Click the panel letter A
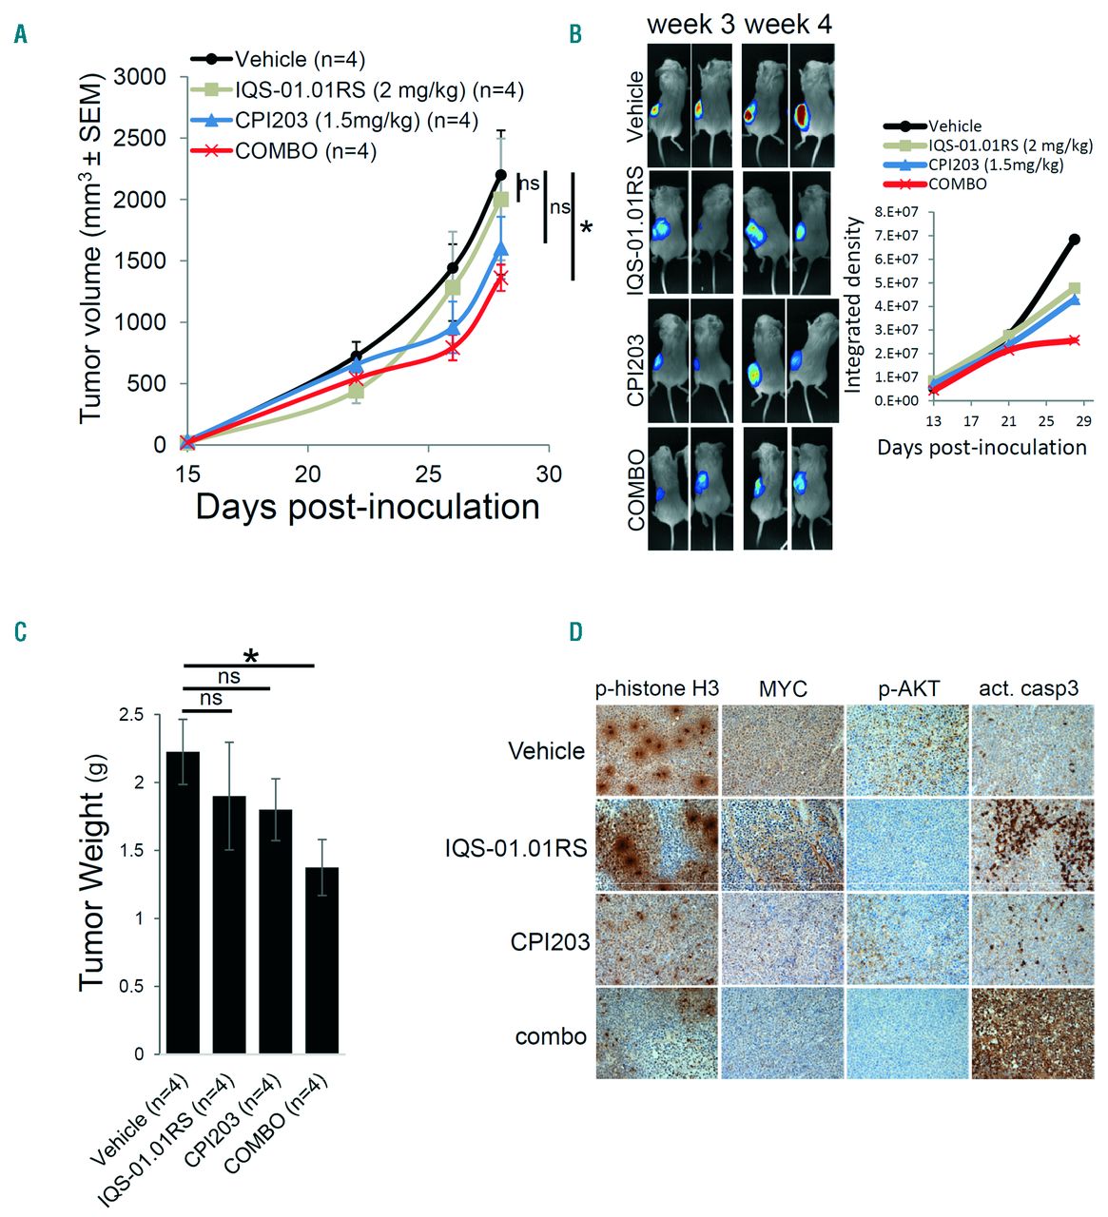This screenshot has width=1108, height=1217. [x=20, y=35]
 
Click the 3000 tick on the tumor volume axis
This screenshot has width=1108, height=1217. [x=140, y=77]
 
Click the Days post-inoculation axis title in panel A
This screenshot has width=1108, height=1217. [x=367, y=507]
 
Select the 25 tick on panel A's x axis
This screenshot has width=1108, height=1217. [x=428, y=473]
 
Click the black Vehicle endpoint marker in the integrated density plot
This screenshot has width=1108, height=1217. [x=1075, y=240]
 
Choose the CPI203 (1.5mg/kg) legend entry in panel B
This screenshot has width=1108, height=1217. [x=995, y=164]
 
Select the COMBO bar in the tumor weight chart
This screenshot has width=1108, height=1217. [x=322, y=960]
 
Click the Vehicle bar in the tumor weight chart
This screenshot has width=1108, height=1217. [x=183, y=902]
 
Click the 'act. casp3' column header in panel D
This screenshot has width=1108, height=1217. [x=1029, y=688]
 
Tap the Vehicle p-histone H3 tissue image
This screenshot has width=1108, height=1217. [x=657, y=750]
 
